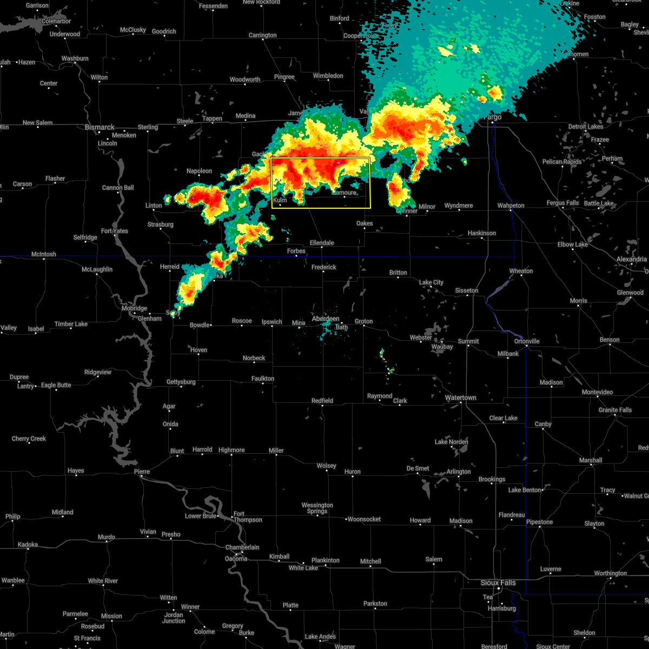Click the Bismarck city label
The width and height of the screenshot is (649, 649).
[100, 127]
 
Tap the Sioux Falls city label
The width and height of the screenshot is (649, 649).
[498, 582]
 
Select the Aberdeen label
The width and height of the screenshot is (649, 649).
[326, 319]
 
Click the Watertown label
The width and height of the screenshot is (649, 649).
[460, 398]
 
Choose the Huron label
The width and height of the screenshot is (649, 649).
[352, 472]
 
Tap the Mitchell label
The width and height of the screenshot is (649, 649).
[370, 561]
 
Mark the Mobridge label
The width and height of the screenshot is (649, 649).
[134, 308]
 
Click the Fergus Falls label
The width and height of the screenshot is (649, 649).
[562, 203]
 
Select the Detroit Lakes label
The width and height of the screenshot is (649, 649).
[585, 127]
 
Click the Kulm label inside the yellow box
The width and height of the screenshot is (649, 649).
[280, 200]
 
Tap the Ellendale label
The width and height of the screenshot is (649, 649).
[321, 243]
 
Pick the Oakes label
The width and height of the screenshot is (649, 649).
[365, 223]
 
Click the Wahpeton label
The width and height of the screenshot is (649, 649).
[511, 206]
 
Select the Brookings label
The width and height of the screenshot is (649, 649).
[492, 479]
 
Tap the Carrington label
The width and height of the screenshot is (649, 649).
[262, 35]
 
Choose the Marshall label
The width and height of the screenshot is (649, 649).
[590, 460]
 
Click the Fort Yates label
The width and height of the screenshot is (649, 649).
[114, 231]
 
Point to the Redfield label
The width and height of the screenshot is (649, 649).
[322, 401]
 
